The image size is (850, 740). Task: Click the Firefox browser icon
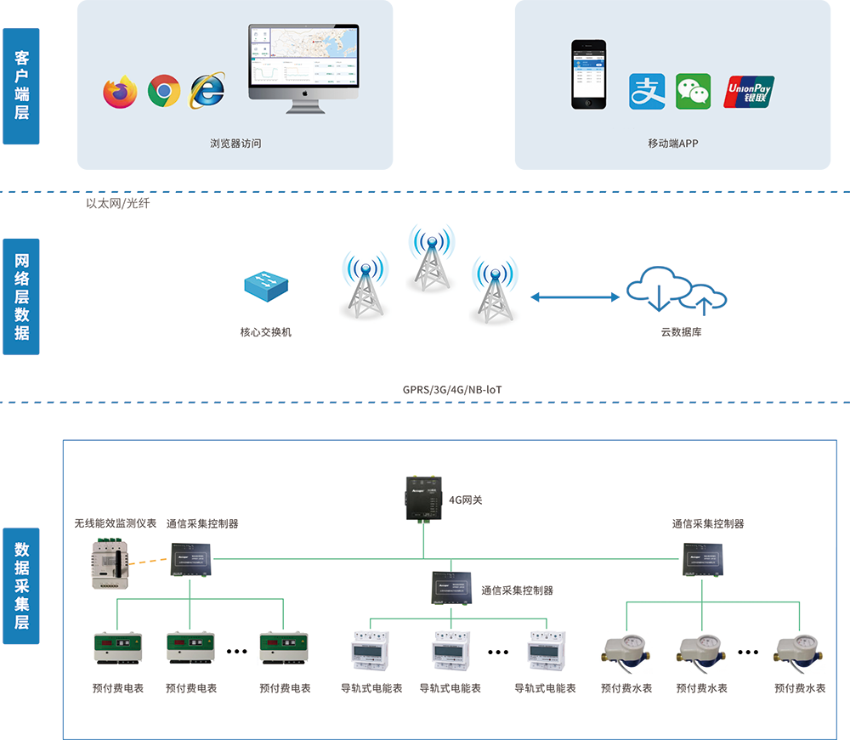click(x=120, y=92)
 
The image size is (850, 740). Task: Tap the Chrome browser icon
click(x=164, y=91)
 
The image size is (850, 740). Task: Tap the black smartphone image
click(x=589, y=74)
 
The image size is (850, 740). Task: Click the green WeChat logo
click(x=693, y=92)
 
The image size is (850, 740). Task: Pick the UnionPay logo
click(x=749, y=92)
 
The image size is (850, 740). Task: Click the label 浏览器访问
click(x=235, y=144)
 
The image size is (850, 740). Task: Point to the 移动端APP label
click(x=672, y=144)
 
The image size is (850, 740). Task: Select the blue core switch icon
click(x=265, y=285)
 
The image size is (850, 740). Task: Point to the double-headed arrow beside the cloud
click(x=575, y=297)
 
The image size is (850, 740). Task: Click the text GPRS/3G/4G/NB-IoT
click(x=452, y=390)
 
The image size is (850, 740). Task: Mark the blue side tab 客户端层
click(x=21, y=85)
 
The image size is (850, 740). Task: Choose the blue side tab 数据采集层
click(x=21, y=586)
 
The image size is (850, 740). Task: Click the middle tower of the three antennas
click(x=431, y=257)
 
